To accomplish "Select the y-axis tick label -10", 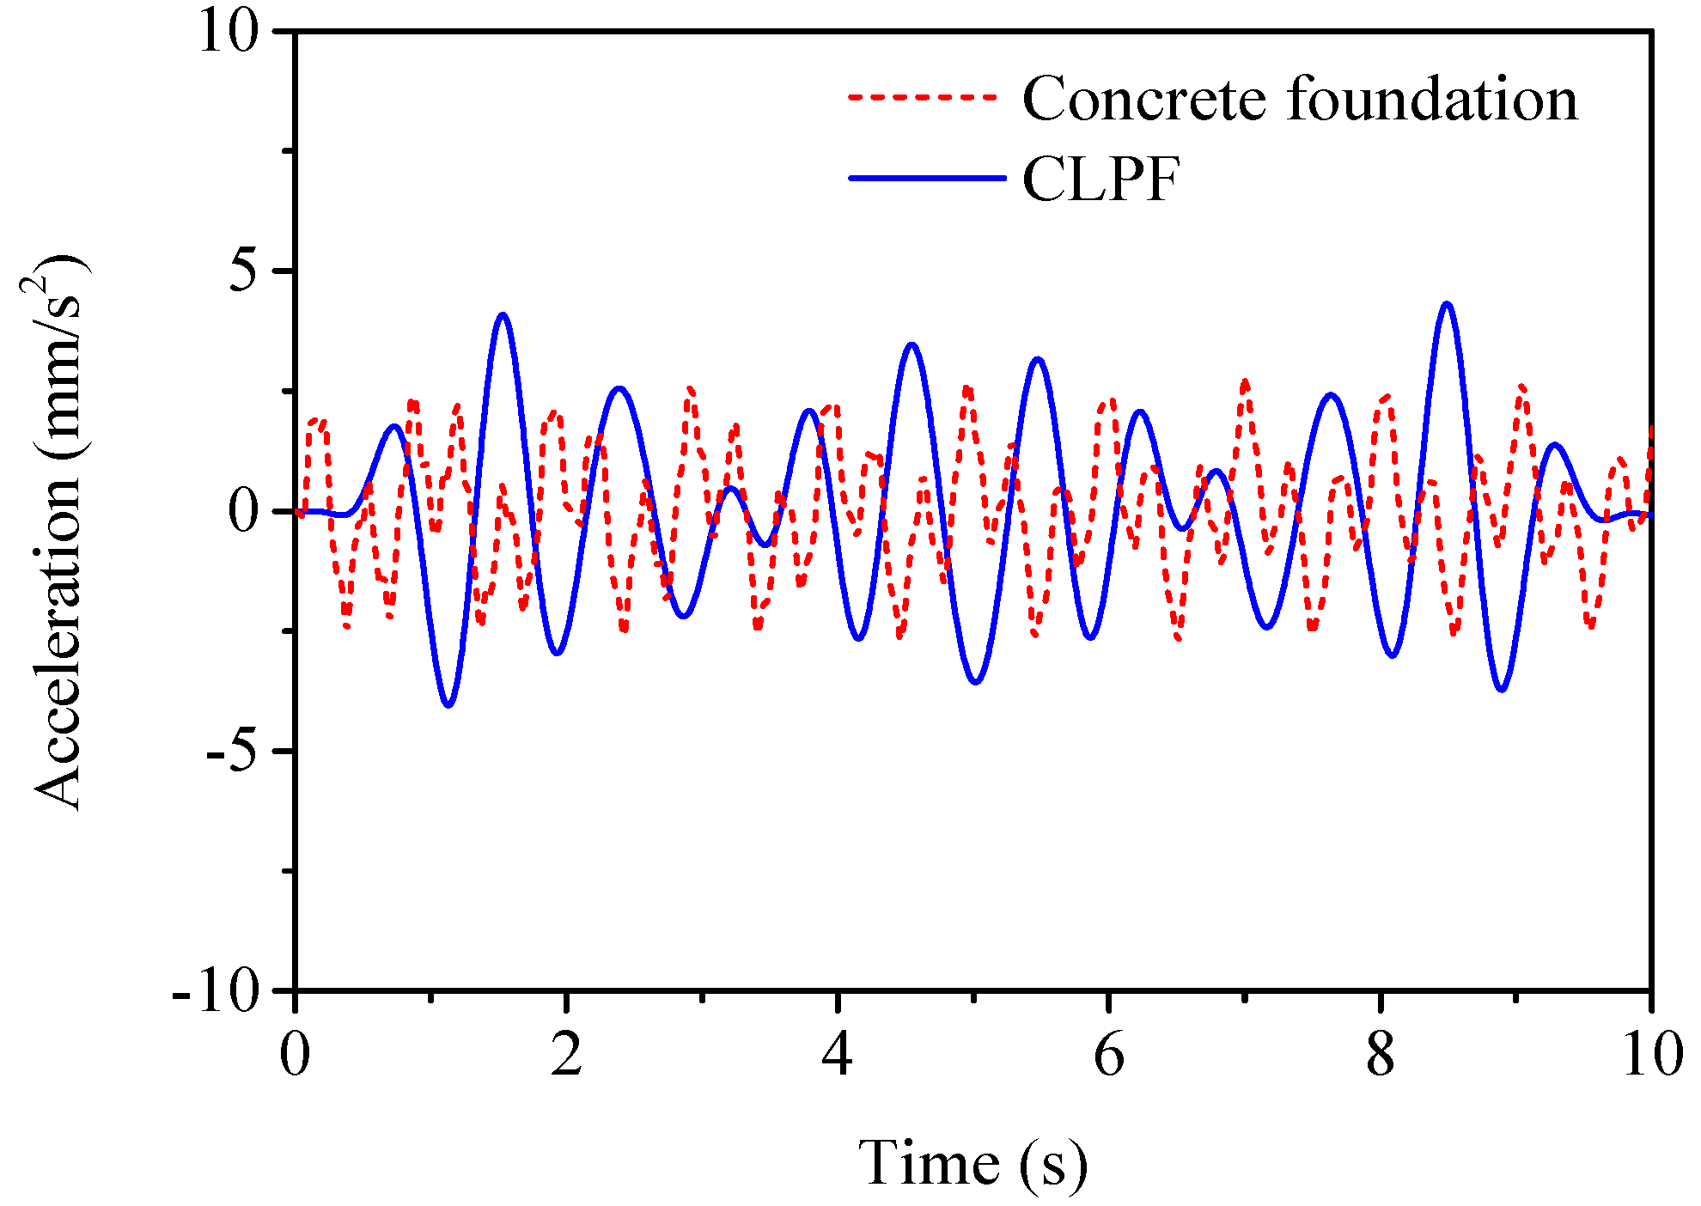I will coord(216,993).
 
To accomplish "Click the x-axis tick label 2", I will coord(566,1054).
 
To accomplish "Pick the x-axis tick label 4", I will coord(837,1054).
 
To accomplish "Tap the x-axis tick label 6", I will coord(1108,1054).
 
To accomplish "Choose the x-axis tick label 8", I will coord(1380,1054).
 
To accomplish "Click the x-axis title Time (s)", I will coord(972,1164).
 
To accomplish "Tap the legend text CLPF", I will coord(1100,180).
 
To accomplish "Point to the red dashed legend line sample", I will coord(924,97).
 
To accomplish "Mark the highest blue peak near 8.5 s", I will coord(1447,304).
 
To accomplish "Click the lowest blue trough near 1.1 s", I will coord(448,705).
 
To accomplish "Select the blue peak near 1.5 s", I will coord(503,315).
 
